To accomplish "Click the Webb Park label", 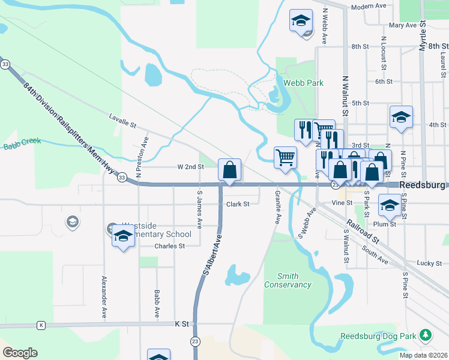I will [x=303, y=82].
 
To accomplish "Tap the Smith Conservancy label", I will [x=288, y=280].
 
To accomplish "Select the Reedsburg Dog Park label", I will [x=379, y=336].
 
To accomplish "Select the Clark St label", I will [x=238, y=204].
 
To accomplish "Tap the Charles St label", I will [x=169, y=246].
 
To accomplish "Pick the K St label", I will [x=181, y=323].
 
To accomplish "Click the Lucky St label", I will [x=429, y=263].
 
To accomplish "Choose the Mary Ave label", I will [x=402, y=26].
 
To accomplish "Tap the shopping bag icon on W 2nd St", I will [x=229, y=170].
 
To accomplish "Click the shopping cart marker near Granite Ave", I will [x=286, y=158].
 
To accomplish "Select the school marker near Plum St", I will [x=390, y=206].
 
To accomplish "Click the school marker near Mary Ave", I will [x=300, y=21].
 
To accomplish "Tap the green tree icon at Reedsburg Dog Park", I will [x=426, y=334].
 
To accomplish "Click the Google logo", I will [x=20, y=353].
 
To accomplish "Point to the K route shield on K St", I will [x=41, y=325].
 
